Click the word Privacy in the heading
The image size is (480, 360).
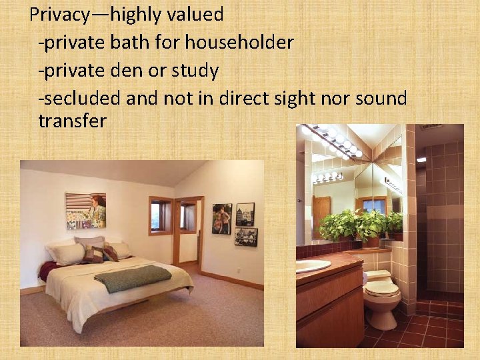pyautogui.click(x=58, y=13)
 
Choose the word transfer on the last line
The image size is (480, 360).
pyautogui.click(x=72, y=121)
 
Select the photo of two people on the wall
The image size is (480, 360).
pyautogui.click(x=222, y=218)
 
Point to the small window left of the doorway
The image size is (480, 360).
pyautogui.click(x=161, y=215)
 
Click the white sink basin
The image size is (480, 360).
pyautogui.click(x=312, y=265)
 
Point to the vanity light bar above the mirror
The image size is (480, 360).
pyautogui.click(x=331, y=141)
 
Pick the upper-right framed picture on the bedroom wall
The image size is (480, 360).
pyautogui.click(x=245, y=214)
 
